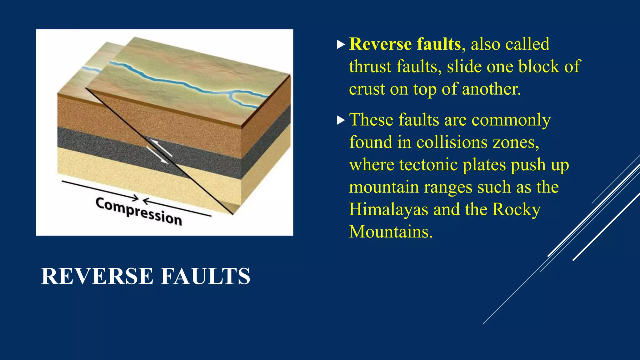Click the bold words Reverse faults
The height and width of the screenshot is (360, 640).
pos(405,44)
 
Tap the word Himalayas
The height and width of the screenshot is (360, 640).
pos(388,209)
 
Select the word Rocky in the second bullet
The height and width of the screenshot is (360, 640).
pos(516,209)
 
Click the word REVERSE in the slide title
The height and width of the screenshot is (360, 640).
pos(97,277)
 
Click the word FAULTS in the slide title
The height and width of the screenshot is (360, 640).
pos(205,277)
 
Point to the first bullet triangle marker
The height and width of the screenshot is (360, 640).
pos(341,44)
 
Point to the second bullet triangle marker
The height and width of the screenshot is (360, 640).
pos(341,120)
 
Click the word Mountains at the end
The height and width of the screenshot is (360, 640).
pos(391,232)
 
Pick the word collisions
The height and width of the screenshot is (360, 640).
pos(452,142)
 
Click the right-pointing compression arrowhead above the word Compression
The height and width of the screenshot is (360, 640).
pos(136,198)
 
